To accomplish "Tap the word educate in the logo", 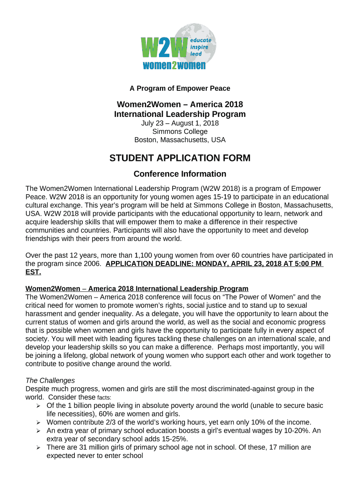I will point(200,40).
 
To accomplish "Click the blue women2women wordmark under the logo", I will point(174,65).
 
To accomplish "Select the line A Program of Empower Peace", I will point(180,88).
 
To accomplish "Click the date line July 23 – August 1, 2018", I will point(180,123).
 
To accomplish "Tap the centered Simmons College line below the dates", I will point(180,131).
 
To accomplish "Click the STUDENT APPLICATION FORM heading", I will point(180,158).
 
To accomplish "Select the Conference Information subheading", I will point(180,174).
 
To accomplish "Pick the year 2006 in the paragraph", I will point(92,264).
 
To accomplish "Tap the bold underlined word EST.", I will point(33,272).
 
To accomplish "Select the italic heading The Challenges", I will point(50,380).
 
